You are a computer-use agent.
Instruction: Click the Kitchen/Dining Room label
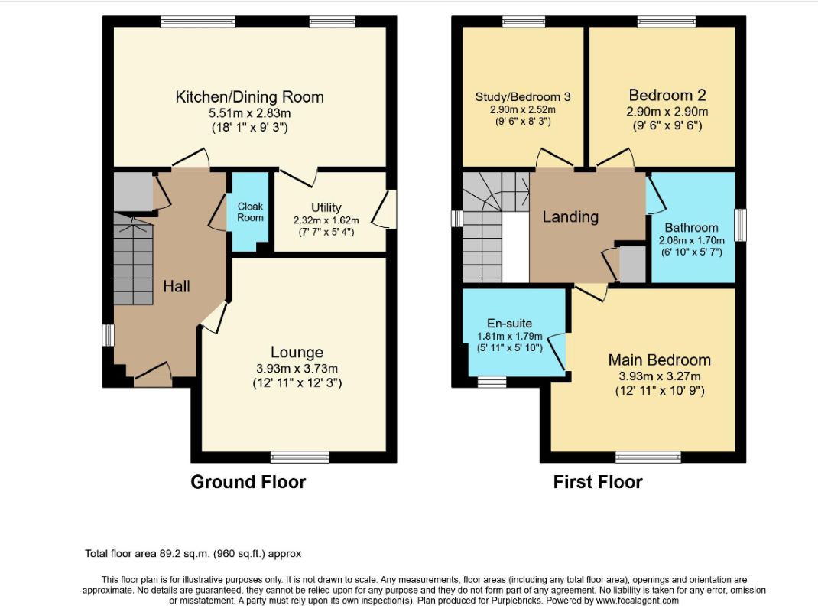pos(249,96)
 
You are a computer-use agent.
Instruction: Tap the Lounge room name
pos(297,352)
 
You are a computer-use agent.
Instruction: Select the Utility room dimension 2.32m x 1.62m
pos(326,220)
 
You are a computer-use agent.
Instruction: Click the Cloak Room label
pos(251,212)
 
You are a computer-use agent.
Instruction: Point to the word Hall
pos(177,286)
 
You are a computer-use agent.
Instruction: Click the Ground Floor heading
pos(248,481)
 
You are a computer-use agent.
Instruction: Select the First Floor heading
pos(598,481)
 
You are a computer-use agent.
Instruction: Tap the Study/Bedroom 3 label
pos(523,96)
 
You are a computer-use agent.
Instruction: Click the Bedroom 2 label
pos(667,95)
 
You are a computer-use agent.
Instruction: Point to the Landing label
pos(570,216)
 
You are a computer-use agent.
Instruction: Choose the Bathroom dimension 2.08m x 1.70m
pos(691,240)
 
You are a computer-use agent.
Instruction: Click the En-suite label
pos(509,324)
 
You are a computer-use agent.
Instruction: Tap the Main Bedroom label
pos(660,360)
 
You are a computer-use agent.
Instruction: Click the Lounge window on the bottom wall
pos(300,457)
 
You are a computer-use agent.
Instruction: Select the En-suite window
pos(492,382)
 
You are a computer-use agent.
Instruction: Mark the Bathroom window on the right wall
pos(740,225)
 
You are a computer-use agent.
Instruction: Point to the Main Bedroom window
pos(648,457)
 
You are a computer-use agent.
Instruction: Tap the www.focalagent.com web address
pos(638,601)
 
